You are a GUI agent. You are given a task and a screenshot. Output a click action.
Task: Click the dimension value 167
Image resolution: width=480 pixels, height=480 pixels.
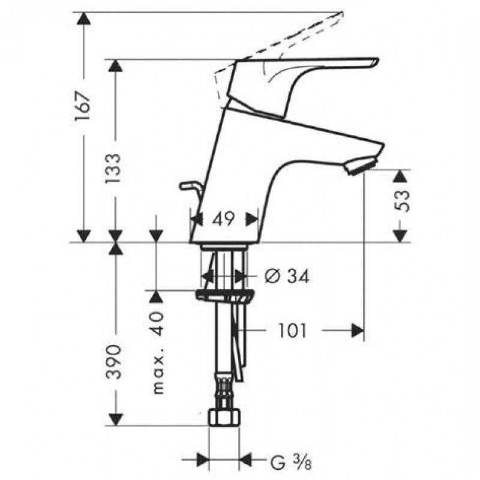point(83,106)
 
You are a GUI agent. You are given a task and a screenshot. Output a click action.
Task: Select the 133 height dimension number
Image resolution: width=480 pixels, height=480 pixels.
point(113,169)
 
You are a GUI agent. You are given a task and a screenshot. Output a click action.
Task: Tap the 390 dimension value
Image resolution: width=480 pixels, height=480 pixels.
point(114,362)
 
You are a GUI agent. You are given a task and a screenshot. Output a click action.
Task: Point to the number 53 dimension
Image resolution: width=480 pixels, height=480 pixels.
point(402,201)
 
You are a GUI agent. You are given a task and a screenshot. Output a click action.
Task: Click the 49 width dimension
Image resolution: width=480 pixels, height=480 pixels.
point(223,219)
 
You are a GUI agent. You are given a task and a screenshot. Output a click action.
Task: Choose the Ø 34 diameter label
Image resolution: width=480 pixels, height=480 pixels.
point(287,277)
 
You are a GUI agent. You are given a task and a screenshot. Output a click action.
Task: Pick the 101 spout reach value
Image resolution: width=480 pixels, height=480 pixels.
point(292,331)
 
